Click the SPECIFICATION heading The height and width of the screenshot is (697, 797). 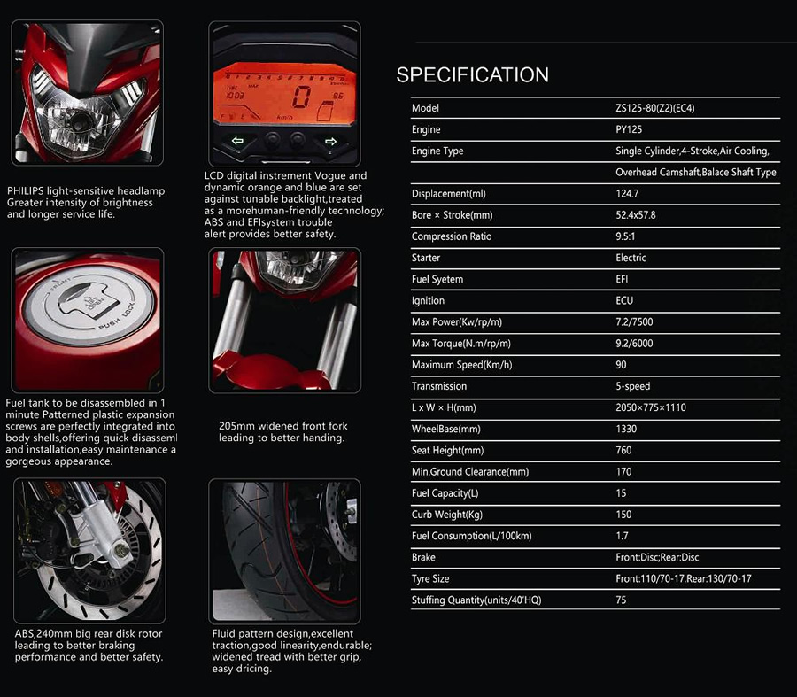click(472, 75)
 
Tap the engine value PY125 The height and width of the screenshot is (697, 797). click(630, 129)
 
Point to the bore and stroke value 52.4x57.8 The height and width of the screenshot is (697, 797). click(636, 215)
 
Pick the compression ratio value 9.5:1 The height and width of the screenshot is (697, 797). click(626, 236)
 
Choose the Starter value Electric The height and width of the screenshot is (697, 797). click(631, 258)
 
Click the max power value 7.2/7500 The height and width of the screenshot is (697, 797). click(634, 322)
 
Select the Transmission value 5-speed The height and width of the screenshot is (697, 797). click(633, 386)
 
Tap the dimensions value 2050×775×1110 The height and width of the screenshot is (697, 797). click(651, 407)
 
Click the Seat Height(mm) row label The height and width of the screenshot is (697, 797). click(446, 451)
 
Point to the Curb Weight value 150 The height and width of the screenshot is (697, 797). click(623, 515)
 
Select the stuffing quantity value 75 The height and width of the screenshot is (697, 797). click(621, 600)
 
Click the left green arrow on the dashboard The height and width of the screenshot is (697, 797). click(236, 141)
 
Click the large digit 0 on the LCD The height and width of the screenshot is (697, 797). click(302, 97)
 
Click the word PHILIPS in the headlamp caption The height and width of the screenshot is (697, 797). click(23, 191)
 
